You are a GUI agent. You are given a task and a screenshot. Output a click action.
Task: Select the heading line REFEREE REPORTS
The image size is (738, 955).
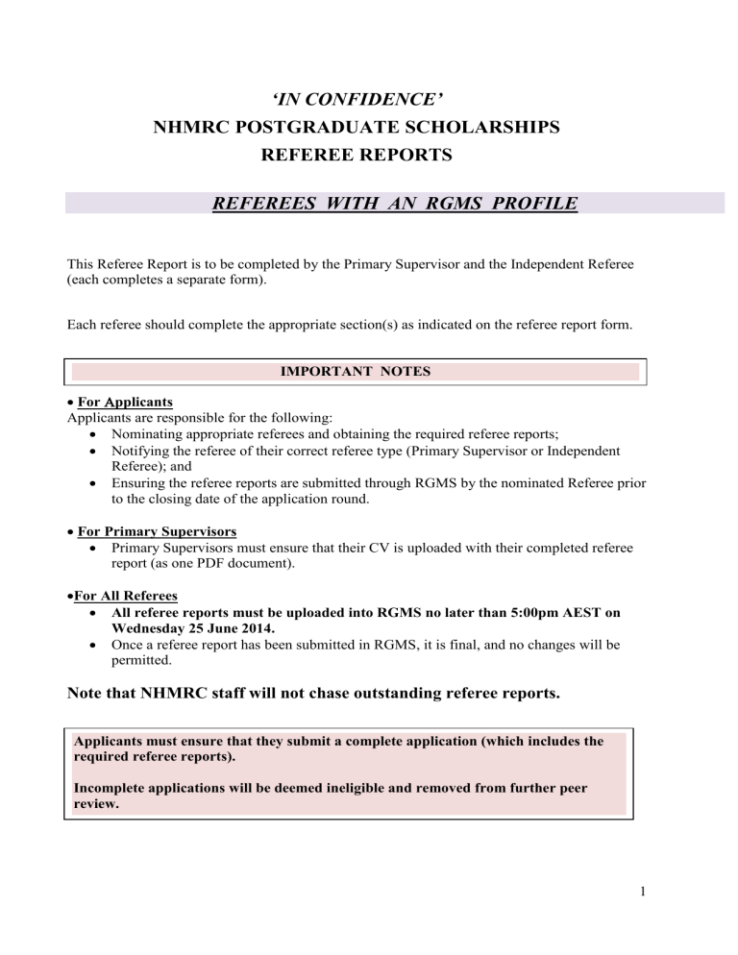coord(369,154)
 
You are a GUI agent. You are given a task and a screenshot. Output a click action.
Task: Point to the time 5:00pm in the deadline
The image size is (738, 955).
coord(506,612)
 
